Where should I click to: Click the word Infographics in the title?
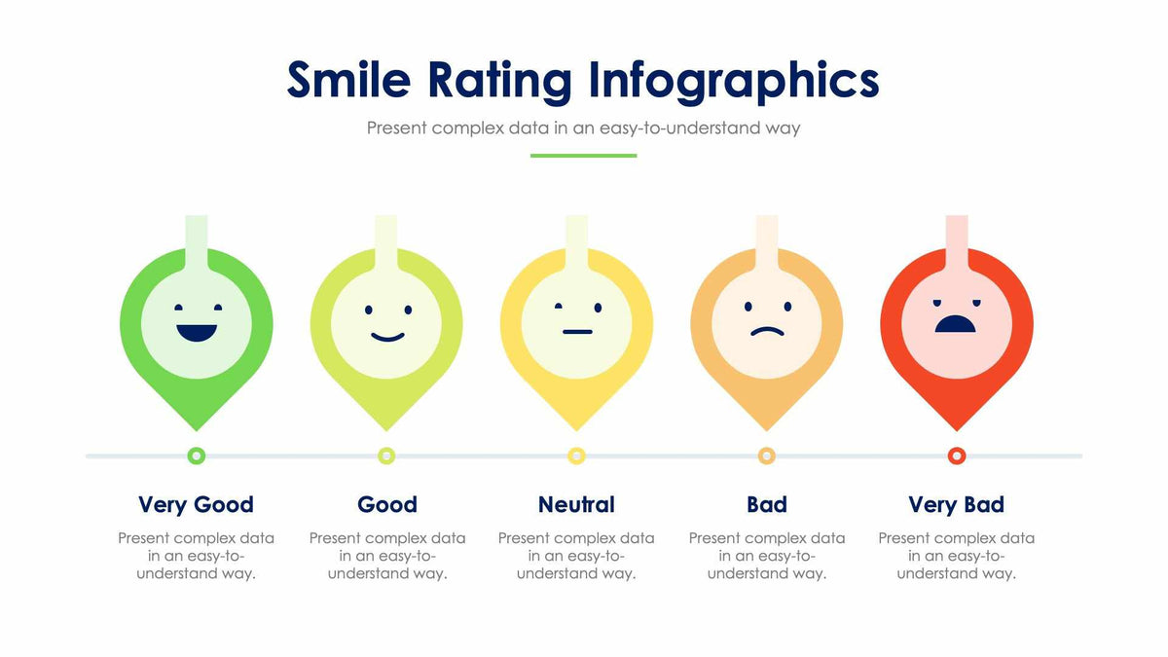coord(734,82)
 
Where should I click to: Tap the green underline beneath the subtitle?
coord(583,156)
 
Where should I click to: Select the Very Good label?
coord(196,504)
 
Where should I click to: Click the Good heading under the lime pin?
coord(387,504)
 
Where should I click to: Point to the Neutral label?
coord(576,504)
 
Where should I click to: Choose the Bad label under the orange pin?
coord(767,504)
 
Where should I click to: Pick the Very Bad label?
coord(956,504)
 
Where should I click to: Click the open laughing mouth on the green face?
coord(197,332)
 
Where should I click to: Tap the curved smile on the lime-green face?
coord(387,337)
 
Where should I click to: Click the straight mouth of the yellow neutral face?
coord(577,332)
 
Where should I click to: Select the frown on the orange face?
coord(767,331)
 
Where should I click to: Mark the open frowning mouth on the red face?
coord(956,324)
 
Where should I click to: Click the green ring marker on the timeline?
coord(197,456)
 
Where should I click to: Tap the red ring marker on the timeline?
coord(957,456)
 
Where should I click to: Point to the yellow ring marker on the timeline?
coord(577,456)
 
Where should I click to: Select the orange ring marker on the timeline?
coord(767,456)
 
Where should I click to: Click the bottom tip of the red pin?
coord(957,426)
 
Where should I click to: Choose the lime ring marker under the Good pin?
coord(386,456)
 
